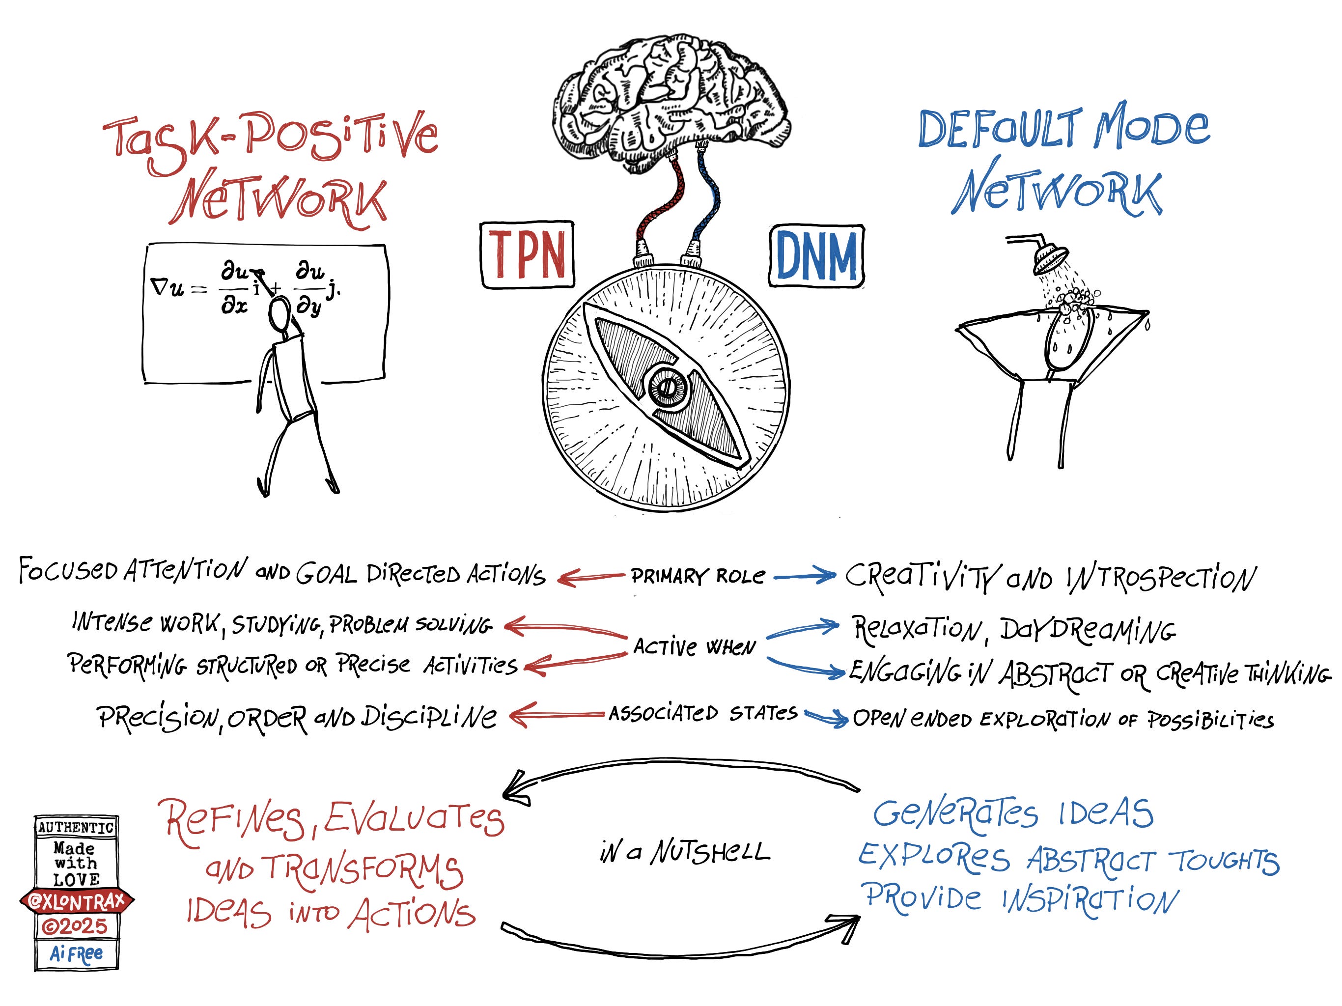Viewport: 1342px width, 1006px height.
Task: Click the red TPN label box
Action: point(527,255)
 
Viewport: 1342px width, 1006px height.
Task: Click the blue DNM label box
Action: point(816,255)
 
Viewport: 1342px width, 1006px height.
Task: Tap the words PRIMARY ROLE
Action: point(698,576)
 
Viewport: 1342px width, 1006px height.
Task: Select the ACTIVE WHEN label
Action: point(695,647)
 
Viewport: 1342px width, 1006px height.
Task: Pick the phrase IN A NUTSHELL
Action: point(684,852)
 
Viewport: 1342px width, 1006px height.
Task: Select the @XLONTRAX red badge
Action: point(77,901)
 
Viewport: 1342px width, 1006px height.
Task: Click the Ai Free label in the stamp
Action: point(77,954)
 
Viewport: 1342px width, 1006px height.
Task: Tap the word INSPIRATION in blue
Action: point(1089,900)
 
